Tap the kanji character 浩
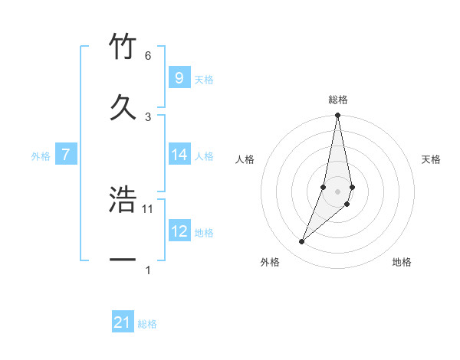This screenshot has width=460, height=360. tap(123, 201)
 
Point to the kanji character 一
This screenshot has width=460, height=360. tap(123, 261)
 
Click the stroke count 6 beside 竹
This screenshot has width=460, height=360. tap(148, 56)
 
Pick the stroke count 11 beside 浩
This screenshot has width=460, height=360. tap(149, 208)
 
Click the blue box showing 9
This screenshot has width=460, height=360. tap(179, 78)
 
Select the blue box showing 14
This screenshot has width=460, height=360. tap(179, 155)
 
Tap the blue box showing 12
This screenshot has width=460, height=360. tap(179, 231)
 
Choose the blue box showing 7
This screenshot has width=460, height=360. tap(66, 155)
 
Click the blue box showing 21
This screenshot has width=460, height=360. tap(123, 323)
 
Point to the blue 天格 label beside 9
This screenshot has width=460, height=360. tap(204, 80)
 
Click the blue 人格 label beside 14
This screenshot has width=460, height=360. tap(204, 156)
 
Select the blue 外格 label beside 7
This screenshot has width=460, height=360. tap(41, 156)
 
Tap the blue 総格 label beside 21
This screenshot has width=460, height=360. tap(147, 325)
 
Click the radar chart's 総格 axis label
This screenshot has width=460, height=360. tap(338, 100)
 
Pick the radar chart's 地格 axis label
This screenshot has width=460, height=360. tap(402, 262)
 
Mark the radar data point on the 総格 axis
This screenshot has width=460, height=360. tap(337, 116)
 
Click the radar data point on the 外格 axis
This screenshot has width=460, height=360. tap(302, 242)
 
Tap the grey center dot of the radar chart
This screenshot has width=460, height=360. tap(337, 191)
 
